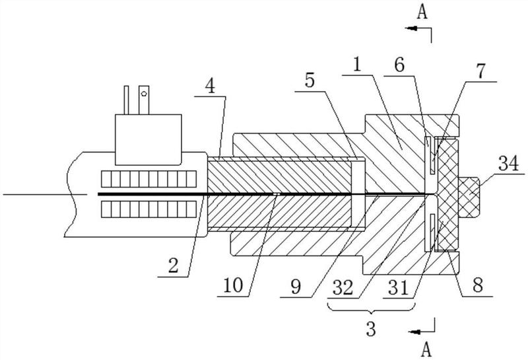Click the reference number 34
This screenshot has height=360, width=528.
pyautogui.click(x=509, y=165)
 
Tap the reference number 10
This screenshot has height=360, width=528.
pyautogui.click(x=233, y=285)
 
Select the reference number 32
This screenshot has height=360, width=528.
pyautogui.click(x=343, y=287)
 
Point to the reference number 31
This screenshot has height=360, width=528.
pyautogui.click(x=399, y=287)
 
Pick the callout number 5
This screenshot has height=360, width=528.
pyautogui.click(x=310, y=80)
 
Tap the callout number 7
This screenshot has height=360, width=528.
pyautogui.click(x=480, y=71)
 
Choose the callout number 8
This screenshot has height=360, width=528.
pyautogui.click(x=477, y=285)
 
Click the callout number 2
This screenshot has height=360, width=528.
pyautogui.click(x=173, y=265)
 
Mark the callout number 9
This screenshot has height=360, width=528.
pyautogui.click(x=295, y=286)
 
